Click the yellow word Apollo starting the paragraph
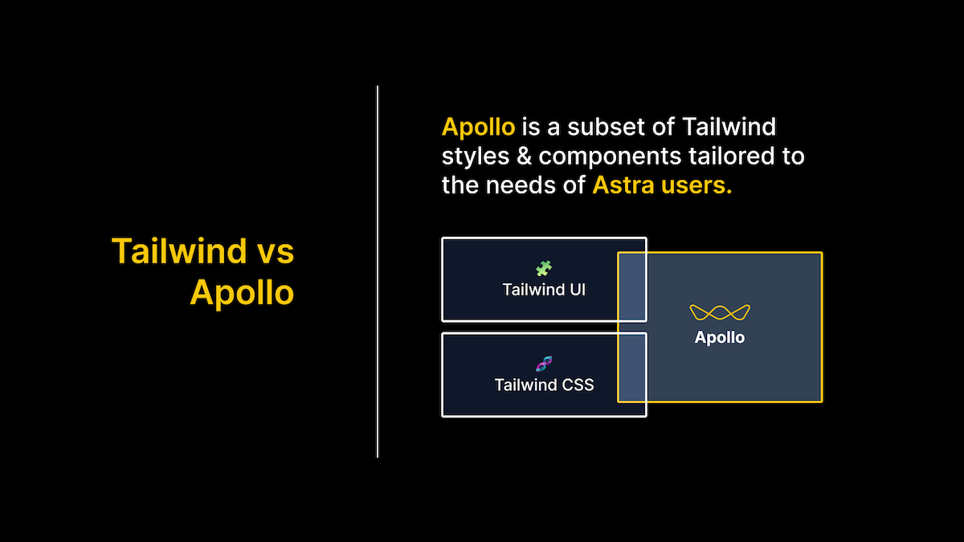478,128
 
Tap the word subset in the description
605,127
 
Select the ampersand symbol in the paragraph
524,156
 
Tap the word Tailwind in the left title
179,251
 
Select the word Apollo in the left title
242,292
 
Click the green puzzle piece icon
544,268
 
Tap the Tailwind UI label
544,290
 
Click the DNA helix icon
544,364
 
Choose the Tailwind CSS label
544,385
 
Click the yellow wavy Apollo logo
720,312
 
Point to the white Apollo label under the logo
720,338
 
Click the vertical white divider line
378,271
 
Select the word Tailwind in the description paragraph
729,127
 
